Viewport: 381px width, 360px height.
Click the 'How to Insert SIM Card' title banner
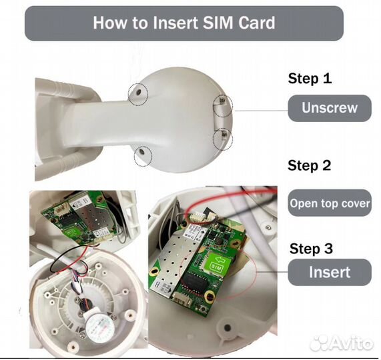click(x=184, y=23)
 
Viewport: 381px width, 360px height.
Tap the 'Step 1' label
click(x=310, y=79)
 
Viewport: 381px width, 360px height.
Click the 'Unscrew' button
click(x=330, y=108)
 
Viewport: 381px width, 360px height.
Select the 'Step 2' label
click(x=310, y=165)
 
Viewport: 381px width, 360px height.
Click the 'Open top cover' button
click(x=330, y=203)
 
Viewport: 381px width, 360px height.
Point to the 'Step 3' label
click(x=311, y=249)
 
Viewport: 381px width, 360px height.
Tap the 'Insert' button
click(x=330, y=272)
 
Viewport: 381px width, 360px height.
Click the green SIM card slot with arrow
click(x=219, y=262)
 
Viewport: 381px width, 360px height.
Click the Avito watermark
click(x=341, y=343)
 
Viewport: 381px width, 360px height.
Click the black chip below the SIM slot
click(x=194, y=281)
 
